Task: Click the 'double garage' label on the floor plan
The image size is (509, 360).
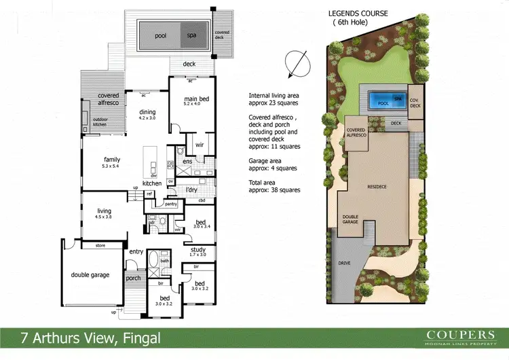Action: (x=91, y=274)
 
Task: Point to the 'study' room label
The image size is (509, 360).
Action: (x=198, y=249)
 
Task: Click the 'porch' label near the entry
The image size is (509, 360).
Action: (x=133, y=277)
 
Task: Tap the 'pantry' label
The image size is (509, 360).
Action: (x=170, y=203)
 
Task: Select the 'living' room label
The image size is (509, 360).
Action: (x=103, y=211)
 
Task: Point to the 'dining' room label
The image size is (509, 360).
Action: (x=148, y=113)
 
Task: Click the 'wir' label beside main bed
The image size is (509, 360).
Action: (x=199, y=145)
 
